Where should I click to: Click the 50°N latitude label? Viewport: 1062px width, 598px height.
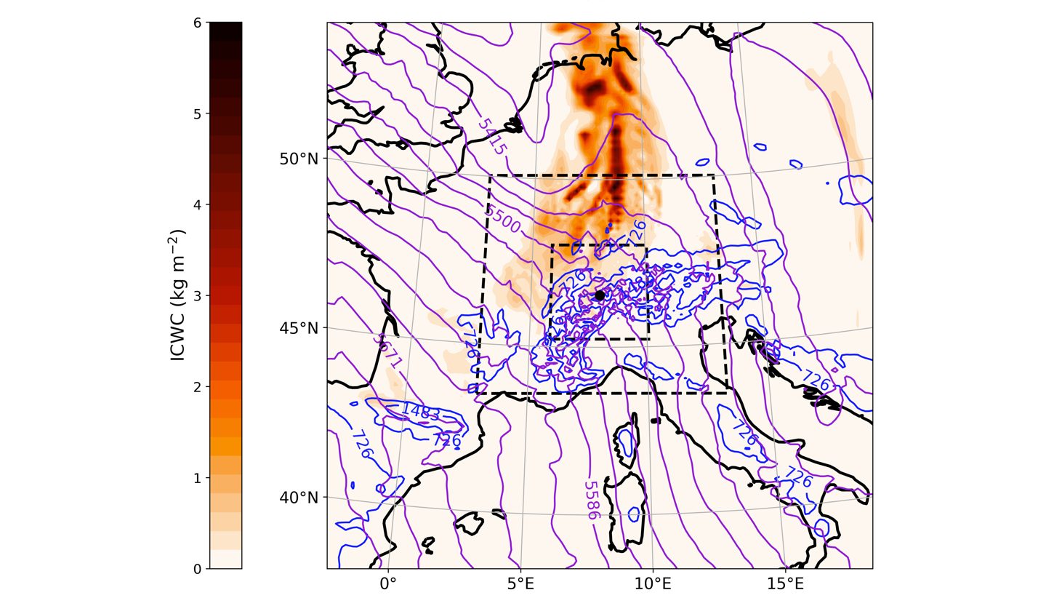299,159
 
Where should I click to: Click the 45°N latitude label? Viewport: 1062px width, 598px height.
299,328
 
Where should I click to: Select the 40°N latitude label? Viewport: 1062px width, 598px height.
299,498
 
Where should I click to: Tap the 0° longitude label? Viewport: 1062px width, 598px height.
388,583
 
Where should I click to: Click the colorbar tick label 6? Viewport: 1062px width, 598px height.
198,23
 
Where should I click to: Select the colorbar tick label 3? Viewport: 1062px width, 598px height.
198,296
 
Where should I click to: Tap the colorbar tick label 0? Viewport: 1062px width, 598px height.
198,569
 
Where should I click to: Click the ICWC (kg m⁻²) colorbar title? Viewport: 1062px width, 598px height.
177,295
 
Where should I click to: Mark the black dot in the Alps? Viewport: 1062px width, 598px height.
600,295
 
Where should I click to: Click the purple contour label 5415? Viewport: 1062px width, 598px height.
491,136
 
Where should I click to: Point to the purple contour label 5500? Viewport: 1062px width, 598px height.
503,219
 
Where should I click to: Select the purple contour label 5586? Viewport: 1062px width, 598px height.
592,500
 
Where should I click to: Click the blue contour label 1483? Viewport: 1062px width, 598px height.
420,412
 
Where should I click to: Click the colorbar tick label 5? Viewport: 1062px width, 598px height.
198,113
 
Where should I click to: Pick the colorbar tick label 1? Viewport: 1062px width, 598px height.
198,478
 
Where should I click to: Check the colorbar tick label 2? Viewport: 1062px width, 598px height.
198,387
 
